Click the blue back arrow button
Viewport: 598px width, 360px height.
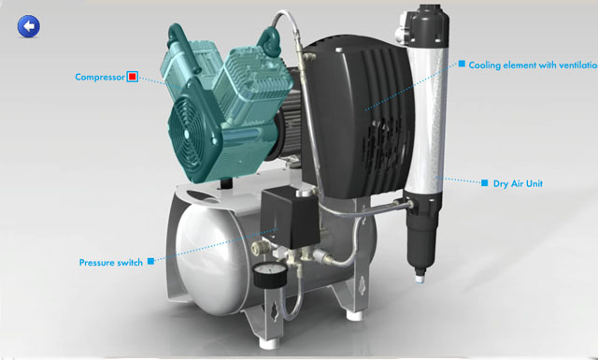(x=29, y=26)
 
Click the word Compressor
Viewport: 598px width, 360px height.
(x=100, y=77)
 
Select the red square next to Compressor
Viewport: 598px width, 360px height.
(x=133, y=77)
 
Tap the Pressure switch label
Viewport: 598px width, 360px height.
(x=111, y=263)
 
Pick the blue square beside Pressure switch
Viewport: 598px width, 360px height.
(x=151, y=261)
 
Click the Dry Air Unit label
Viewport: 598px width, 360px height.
(x=518, y=183)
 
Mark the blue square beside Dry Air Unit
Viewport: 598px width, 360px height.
(x=484, y=183)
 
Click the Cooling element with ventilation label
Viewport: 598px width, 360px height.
(x=533, y=65)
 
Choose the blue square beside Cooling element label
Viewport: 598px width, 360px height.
(x=462, y=64)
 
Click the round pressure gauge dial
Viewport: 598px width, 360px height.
(x=270, y=275)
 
